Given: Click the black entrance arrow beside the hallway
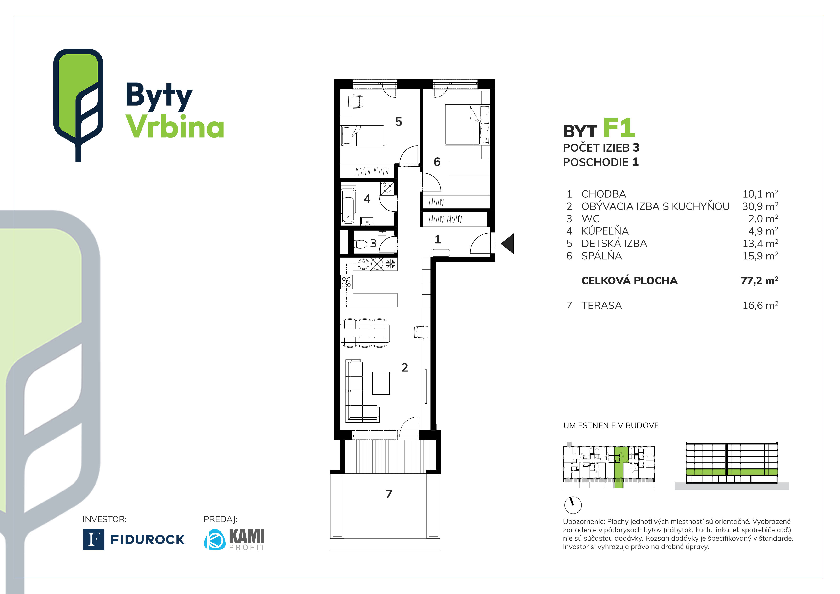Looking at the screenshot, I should point(508,244).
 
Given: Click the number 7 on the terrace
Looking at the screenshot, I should point(389,494).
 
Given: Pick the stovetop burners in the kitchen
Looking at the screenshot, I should point(346,282).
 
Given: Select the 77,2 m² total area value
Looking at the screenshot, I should point(759,281).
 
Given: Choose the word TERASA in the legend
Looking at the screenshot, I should point(602,306).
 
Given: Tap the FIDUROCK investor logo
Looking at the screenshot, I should point(134,539).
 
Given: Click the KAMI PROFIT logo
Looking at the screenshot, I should point(234,539).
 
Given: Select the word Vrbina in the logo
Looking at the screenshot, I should point(175,127).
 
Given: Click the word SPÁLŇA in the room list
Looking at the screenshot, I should point(602,256).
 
